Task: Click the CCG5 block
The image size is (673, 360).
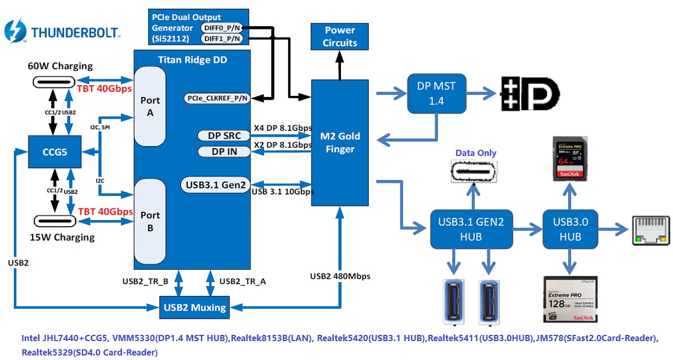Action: pos(55,151)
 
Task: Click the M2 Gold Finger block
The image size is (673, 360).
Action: pos(340,142)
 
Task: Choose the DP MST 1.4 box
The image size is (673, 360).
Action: pos(436,93)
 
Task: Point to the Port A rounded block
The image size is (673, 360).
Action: pos(149,106)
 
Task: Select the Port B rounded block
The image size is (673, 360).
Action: pos(149,221)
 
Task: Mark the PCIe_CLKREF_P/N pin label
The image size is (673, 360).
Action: pos(216,99)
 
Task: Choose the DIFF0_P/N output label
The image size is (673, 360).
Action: pos(222,27)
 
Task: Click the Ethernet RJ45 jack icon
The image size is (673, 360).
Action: pos(650,230)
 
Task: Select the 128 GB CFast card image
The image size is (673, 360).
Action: pos(569,299)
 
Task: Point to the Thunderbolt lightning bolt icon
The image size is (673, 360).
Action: pos(14,31)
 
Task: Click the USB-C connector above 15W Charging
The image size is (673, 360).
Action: pos(55,220)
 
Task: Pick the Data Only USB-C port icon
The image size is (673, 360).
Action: pos(474,172)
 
